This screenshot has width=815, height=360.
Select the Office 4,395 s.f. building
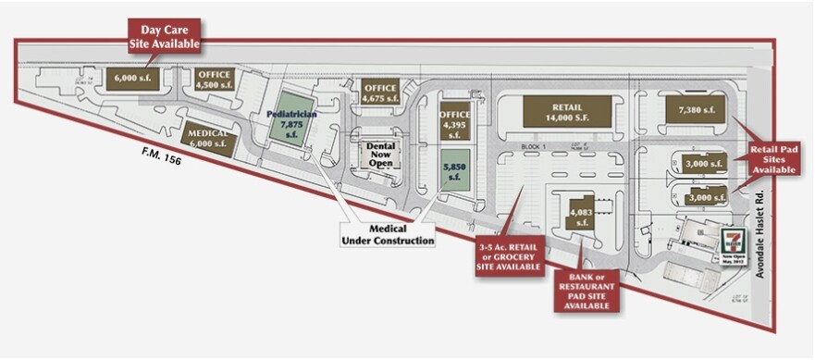[x=454, y=120]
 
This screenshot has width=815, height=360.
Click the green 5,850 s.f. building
[x=454, y=170]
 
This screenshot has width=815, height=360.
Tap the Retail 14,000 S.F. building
[x=566, y=111]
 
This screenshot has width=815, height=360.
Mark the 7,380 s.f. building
[x=697, y=109]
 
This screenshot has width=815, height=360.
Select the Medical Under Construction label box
[x=389, y=234]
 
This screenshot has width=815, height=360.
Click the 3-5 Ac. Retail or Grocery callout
[x=509, y=254]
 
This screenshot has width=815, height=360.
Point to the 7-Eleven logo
[x=733, y=238]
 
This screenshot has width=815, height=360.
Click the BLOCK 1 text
[x=535, y=146]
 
